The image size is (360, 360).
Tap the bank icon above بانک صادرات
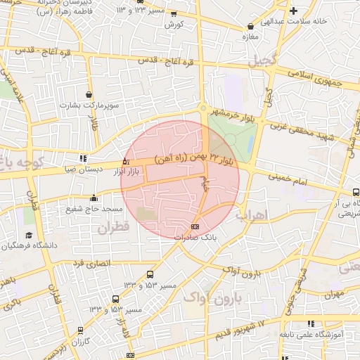(x=195, y=226)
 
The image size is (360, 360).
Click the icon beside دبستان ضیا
(x=84, y=158)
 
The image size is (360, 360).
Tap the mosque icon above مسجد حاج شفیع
(x=94, y=198)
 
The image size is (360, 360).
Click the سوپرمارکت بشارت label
(x=89, y=105)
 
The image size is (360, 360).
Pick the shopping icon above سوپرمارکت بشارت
(x=89, y=94)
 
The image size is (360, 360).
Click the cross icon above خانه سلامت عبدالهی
(x=294, y=11)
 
